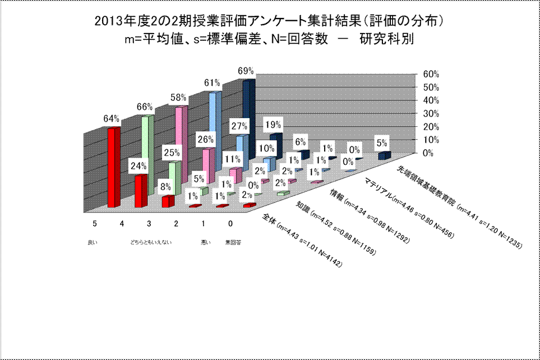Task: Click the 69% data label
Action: coord(246,71)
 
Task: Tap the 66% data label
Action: coord(145,107)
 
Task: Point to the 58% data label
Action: coord(179,96)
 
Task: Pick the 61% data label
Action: coord(211,83)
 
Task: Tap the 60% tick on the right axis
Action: coord(423,74)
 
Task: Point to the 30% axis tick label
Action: coord(423,113)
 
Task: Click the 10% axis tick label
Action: coord(423,140)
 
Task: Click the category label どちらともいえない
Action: coord(151,242)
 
